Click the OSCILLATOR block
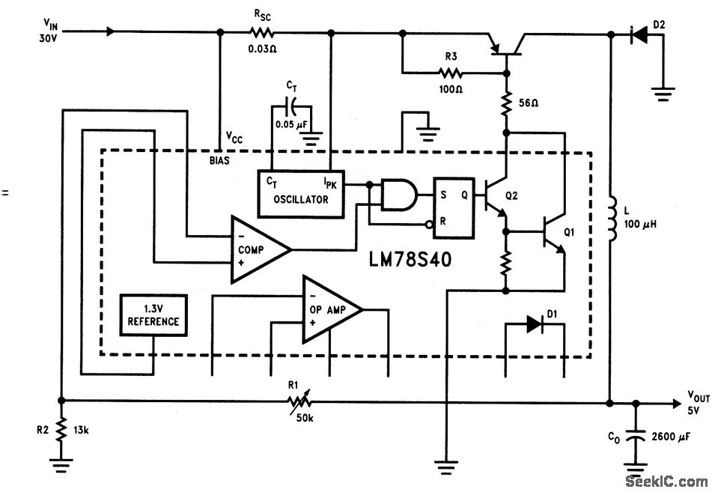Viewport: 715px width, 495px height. coord(304,191)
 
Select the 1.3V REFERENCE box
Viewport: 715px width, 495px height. coord(154,315)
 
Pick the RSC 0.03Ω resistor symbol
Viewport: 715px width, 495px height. coord(261,33)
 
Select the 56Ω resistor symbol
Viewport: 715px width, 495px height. coord(507,101)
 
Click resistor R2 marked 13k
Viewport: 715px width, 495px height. coord(61,431)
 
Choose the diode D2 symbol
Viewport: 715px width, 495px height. coord(638,33)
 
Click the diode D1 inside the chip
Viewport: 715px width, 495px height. coord(534,324)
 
